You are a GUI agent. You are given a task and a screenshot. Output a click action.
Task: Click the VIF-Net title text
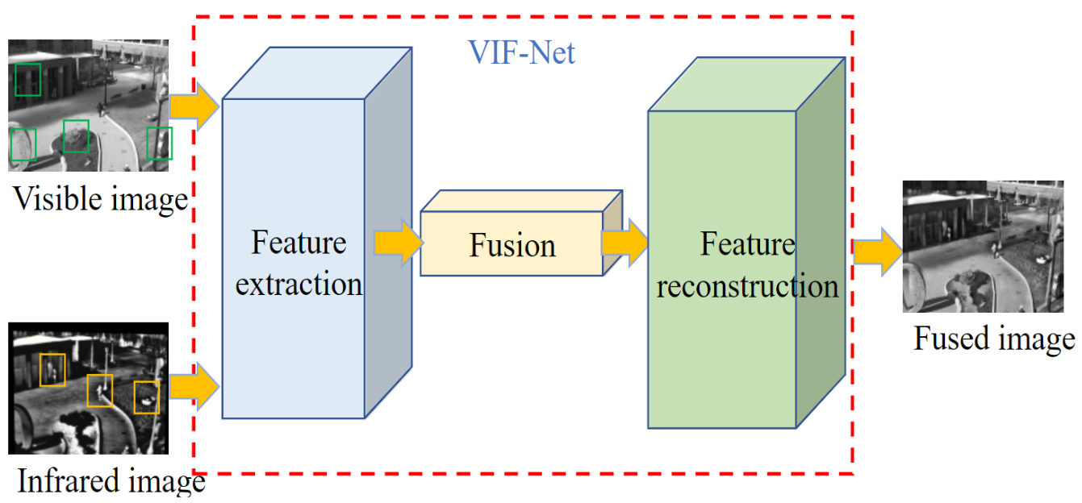[x=522, y=53]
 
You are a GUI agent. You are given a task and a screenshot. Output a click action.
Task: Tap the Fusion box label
[x=512, y=246]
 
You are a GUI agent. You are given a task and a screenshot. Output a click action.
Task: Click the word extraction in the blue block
[x=299, y=284]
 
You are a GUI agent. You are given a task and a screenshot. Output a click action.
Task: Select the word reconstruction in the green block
[x=747, y=286]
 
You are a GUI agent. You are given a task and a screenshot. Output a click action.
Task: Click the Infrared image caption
[x=111, y=482]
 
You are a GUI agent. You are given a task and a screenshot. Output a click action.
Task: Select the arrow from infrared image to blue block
[x=194, y=387]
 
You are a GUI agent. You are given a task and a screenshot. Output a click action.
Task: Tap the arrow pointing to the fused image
[x=878, y=251]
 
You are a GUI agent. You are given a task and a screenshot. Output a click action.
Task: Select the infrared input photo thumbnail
[x=88, y=388]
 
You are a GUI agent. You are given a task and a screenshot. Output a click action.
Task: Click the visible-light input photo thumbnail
[x=89, y=105]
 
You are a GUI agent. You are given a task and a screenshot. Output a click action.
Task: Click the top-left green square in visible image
[x=28, y=80]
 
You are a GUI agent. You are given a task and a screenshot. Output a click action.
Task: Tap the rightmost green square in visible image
[x=160, y=143]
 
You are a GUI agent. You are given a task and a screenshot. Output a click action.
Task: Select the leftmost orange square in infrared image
[x=52, y=369]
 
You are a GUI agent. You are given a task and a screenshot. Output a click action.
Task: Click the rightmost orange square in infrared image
[x=146, y=397]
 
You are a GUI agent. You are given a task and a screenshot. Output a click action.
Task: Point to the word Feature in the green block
[x=747, y=244]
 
